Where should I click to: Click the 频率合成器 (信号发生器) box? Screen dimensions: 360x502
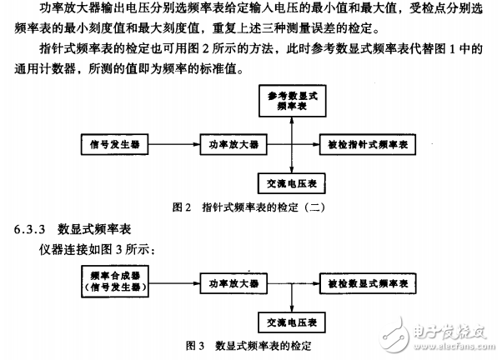(116, 281)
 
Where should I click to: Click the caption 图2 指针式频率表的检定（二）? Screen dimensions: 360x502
(250, 207)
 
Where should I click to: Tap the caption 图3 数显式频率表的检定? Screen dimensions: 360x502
(250, 342)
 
